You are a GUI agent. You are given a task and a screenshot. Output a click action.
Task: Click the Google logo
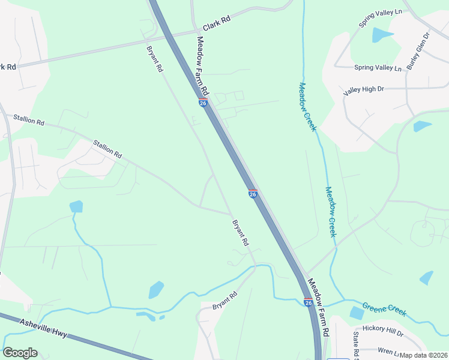point(20,353)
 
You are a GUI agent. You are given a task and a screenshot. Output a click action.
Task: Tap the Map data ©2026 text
point(424,355)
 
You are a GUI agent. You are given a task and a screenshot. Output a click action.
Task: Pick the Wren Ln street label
point(389,350)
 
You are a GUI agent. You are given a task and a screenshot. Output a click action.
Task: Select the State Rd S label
point(356,345)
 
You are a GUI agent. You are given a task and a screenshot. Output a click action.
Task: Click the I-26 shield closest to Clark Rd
point(203,103)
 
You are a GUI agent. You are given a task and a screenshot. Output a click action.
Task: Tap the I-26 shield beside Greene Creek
point(308,302)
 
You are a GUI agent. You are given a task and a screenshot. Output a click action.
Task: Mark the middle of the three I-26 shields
point(253,194)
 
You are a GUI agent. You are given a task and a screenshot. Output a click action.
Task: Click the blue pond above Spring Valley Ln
point(382,35)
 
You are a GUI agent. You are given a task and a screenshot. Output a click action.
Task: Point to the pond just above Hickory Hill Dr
point(357,313)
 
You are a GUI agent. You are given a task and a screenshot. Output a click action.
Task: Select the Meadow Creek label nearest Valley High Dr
point(307,106)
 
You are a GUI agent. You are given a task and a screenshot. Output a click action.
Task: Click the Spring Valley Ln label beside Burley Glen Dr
point(378,68)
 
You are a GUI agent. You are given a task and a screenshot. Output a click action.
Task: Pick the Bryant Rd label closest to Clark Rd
point(154,59)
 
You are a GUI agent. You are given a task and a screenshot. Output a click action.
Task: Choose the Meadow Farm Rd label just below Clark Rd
point(202,66)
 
